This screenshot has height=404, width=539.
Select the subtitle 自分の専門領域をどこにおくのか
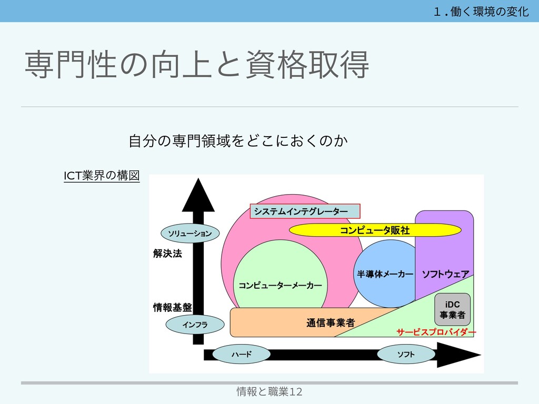point(238,141)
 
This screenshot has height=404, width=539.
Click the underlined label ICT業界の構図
point(102,176)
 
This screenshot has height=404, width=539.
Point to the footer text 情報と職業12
point(269,391)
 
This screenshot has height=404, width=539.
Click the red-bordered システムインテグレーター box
point(305,211)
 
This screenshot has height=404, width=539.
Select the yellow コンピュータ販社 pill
point(375,230)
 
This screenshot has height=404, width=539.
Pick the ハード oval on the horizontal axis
point(242,355)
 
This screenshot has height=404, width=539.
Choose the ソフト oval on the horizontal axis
point(405,355)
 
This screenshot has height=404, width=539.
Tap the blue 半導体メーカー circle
point(385,274)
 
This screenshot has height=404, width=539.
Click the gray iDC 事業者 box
point(452,310)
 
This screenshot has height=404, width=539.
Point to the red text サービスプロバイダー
point(436,332)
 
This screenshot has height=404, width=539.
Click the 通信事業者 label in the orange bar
point(330,322)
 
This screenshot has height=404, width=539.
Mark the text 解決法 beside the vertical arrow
point(167,254)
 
